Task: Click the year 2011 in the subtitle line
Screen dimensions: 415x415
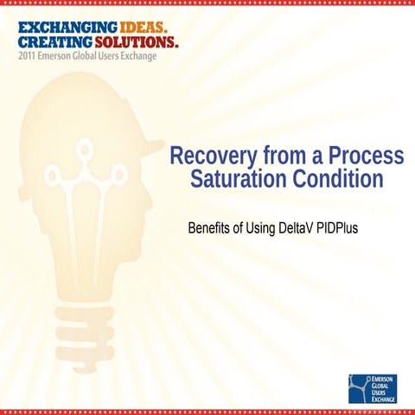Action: coord(26,55)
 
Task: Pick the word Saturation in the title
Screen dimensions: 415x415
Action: coord(237,180)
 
